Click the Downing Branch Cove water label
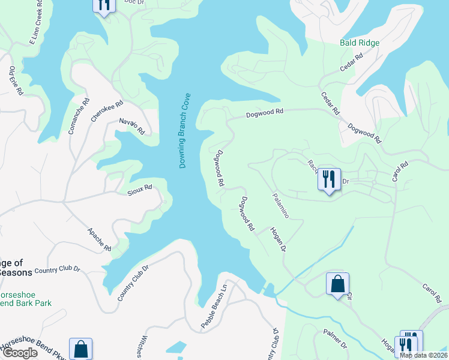[184, 130]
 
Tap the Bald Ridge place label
[360, 43]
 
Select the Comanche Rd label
[79, 116]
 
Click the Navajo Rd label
[132, 125]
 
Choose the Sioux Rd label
[140, 191]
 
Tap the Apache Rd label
[99, 239]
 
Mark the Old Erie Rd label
[16, 81]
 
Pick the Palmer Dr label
[336, 338]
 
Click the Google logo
[20, 353]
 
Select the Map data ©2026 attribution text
[423, 355]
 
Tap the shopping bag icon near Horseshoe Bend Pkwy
[80, 349]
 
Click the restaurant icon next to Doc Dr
[104, 5]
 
